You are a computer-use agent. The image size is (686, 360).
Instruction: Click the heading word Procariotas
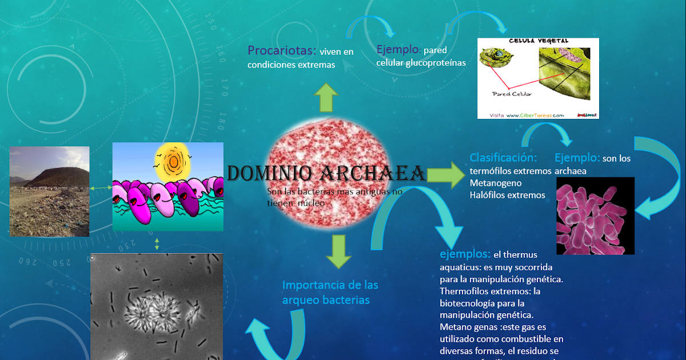click(282, 51)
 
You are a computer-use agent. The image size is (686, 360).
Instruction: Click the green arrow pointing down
click(338, 251)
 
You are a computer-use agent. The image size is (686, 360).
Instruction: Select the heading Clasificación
click(503, 158)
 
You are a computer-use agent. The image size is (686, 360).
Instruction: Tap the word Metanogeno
click(495, 183)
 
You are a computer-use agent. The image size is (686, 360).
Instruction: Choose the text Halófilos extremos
click(507, 195)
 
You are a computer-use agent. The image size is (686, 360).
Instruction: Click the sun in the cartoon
click(173, 161)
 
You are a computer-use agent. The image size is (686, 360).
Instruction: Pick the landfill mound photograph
click(49, 191)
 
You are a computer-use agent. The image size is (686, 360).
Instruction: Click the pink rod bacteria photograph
click(595, 215)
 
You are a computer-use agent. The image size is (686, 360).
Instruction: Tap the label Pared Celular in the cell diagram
click(512, 94)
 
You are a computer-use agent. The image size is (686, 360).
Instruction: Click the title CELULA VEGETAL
click(539, 41)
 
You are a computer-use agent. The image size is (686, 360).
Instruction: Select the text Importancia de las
click(330, 285)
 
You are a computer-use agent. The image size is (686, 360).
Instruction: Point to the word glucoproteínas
click(436, 63)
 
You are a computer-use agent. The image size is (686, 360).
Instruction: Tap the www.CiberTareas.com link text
click(535, 115)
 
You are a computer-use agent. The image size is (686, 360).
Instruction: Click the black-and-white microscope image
click(156, 306)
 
